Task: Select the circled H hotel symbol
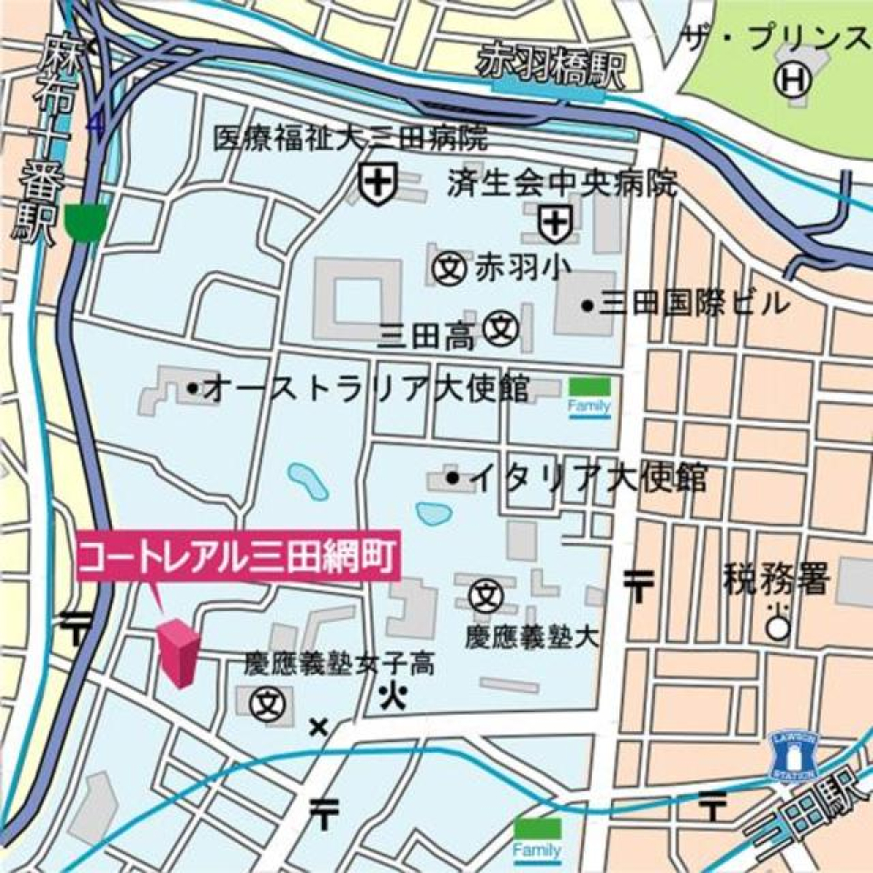coord(792,81)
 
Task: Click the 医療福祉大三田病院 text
coord(350,138)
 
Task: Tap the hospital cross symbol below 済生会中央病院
coord(554,223)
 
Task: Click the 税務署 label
coord(776,579)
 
